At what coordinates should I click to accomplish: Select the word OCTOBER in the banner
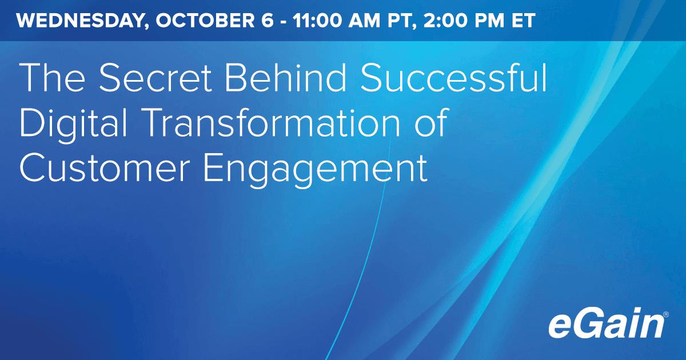pos(205,21)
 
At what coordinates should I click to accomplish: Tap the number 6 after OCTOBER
pos(268,21)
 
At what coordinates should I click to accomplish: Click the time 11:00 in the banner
pos(317,21)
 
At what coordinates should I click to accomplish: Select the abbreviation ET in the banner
pos(524,21)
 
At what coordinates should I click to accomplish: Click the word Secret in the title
pos(155,77)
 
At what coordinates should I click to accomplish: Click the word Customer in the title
pos(105,168)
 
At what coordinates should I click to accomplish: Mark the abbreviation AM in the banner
pos(364,21)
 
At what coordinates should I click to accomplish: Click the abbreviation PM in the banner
pos(489,21)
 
